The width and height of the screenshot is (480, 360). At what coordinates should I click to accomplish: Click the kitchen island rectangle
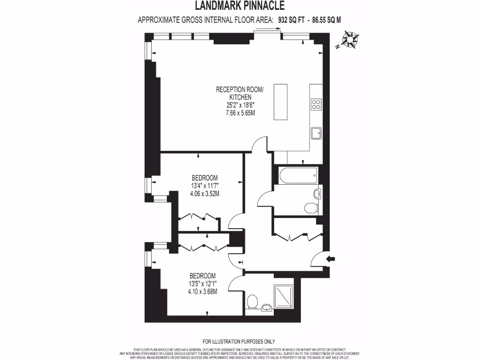click(280, 102)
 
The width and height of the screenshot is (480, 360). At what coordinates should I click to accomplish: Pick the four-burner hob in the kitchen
click(316, 104)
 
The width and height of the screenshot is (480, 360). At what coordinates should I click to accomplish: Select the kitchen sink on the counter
click(316, 134)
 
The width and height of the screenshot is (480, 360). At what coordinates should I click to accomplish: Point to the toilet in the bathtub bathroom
click(310, 207)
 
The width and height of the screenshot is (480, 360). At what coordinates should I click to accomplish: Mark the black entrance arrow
click(331, 258)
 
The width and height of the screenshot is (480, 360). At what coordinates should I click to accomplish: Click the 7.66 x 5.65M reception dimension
click(240, 113)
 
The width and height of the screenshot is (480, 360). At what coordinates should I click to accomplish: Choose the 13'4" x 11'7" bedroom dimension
click(205, 186)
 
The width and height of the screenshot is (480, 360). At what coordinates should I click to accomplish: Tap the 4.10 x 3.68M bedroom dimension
click(202, 291)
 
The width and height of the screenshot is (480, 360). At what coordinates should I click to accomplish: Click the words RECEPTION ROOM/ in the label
click(240, 89)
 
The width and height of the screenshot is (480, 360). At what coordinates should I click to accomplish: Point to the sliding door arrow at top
click(268, 29)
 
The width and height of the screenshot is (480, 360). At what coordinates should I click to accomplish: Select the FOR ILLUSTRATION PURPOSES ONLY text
click(239, 342)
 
